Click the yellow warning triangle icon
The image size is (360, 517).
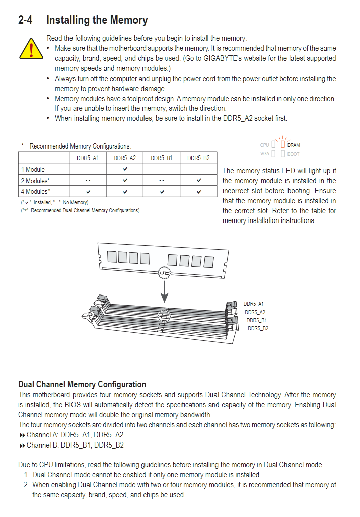31,48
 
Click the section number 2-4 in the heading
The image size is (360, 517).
27,20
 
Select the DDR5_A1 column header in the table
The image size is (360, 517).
88,158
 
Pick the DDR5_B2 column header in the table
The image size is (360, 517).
198,158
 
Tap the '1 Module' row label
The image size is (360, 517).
33,169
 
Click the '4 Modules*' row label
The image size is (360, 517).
35,191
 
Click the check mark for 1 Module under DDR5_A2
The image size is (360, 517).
125,169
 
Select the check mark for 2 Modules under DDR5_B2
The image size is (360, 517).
199,180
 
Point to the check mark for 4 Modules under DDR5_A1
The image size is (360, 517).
88,191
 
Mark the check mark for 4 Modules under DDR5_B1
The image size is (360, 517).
162,191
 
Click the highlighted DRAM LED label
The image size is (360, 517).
293,145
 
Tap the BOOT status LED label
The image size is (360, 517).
293,154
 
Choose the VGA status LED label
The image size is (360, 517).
265,154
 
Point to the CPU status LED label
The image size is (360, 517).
265,145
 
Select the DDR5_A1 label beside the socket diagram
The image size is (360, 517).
253,304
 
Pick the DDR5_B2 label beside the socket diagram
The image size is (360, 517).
258,328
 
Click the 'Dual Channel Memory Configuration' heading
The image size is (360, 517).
82,384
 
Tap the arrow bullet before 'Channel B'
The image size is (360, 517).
22,445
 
